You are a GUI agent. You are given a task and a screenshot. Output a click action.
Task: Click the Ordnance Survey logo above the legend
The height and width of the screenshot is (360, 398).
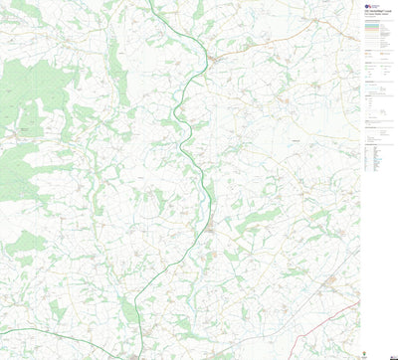point(369,7)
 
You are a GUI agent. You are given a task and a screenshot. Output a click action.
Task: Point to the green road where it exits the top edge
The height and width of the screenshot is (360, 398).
point(150,3)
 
